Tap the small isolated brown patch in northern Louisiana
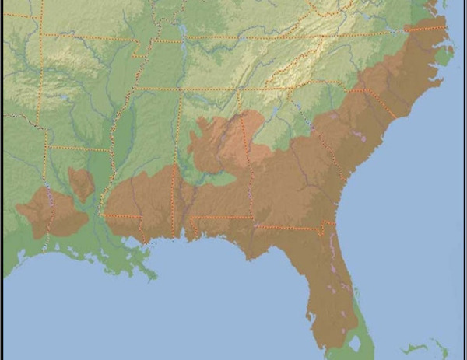[81, 183]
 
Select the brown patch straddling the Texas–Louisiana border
[51, 211]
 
